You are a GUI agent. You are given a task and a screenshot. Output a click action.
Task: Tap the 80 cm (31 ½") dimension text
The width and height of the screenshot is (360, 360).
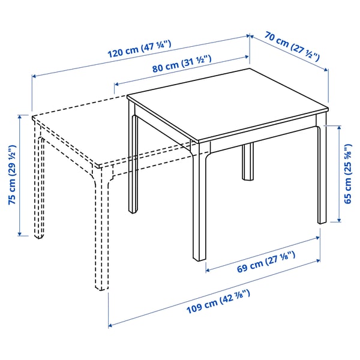(x=179, y=67)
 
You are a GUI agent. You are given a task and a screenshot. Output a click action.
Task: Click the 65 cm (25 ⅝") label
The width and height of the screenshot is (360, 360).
(x=349, y=173)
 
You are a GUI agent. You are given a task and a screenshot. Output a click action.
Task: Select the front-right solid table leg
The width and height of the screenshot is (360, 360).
(x=322, y=174)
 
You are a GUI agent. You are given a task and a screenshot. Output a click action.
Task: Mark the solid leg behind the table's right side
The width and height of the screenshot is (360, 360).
(x=247, y=161)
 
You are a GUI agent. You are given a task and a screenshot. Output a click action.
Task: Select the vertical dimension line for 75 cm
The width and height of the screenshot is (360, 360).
(x=22, y=174)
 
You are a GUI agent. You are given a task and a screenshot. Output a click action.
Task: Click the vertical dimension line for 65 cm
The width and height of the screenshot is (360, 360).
(x=340, y=173)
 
